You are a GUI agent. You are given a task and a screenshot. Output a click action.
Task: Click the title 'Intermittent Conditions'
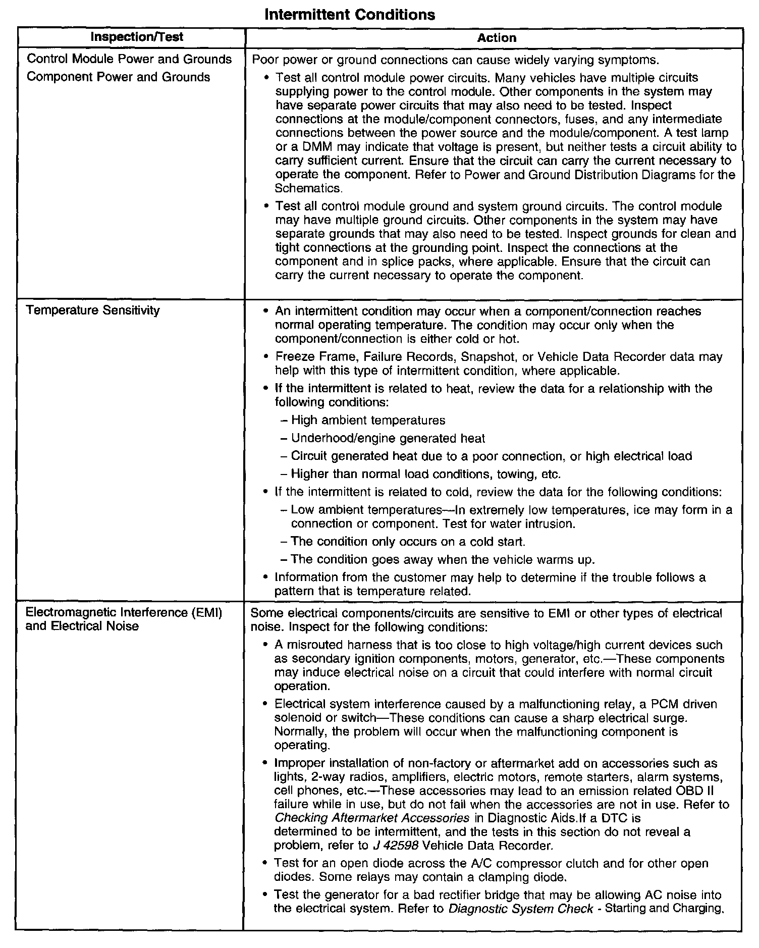click(349, 14)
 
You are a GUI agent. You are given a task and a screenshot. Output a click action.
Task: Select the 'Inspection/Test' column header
click(137, 37)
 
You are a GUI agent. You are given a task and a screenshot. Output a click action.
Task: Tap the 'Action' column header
click(497, 38)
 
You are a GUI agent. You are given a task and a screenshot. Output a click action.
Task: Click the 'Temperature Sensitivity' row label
click(93, 310)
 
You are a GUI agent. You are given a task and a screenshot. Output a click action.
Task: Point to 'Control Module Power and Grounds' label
click(129, 59)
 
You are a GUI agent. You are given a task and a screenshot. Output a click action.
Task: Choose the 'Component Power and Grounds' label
click(118, 77)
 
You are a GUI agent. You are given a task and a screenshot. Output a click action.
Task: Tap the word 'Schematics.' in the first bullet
click(309, 188)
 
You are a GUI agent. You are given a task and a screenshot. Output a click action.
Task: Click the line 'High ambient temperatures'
click(368, 420)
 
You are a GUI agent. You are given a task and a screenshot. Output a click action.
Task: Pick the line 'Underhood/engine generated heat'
click(388, 438)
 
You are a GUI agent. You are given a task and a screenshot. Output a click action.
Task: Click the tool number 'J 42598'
click(391, 845)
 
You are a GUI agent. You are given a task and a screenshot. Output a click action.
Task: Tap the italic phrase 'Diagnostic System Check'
click(521, 909)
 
